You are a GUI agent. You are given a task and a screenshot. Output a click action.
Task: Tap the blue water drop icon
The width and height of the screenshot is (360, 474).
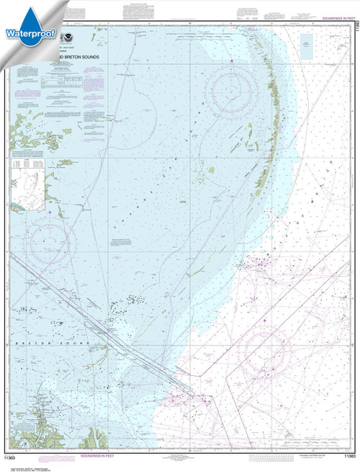pos(22,14)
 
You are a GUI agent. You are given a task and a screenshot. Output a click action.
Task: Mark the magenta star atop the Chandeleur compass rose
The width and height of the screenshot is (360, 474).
pos(232,61)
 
